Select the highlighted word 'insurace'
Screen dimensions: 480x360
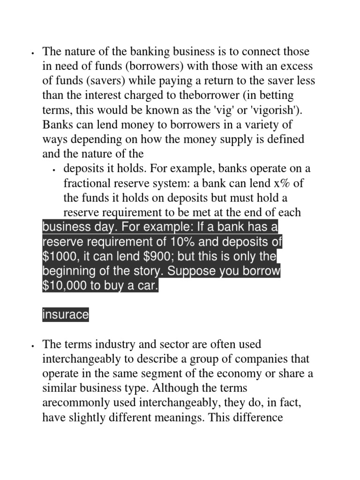coord(65,315)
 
